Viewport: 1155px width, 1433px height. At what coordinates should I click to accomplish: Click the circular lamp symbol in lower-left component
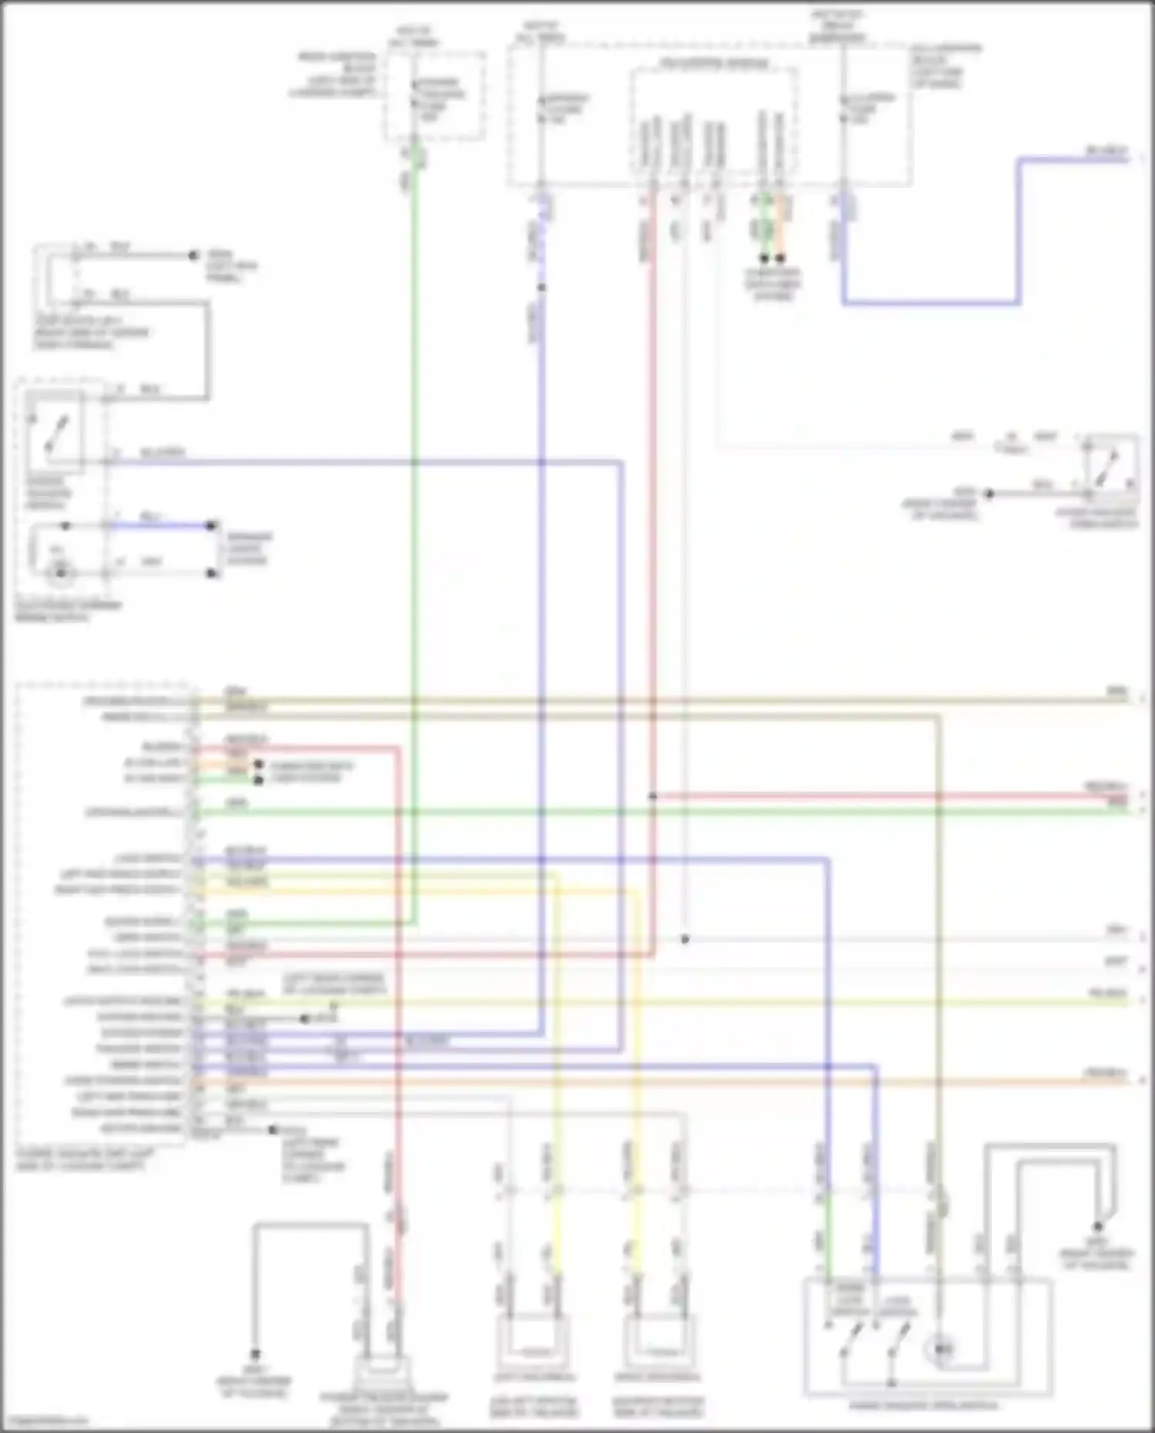[60, 571]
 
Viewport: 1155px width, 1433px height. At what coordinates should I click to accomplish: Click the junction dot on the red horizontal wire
[652, 796]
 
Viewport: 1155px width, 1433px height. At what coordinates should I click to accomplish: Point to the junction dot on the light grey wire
[685, 939]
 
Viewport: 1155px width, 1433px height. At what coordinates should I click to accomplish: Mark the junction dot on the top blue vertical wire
[541, 287]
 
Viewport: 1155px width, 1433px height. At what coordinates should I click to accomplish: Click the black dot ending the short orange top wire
[780, 259]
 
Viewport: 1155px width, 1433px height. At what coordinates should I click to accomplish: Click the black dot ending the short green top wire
[764, 259]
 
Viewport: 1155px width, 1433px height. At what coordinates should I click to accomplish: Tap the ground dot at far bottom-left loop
[255, 1353]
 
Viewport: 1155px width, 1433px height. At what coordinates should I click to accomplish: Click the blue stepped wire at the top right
[1019, 231]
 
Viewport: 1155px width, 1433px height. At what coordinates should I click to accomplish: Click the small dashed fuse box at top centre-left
[435, 96]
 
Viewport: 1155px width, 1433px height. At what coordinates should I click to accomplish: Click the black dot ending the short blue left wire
[210, 526]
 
